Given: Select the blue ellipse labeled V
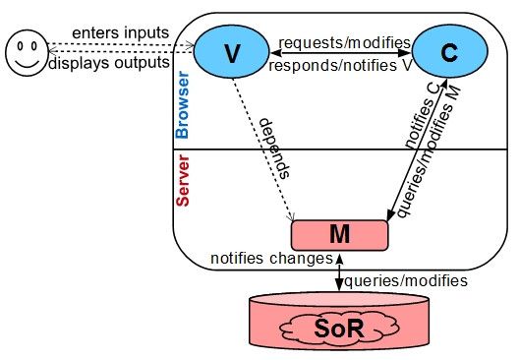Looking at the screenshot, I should (232, 54).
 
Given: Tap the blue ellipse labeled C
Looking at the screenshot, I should (448, 54).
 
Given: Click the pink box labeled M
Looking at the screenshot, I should (337, 234).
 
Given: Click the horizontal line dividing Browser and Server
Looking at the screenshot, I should (295, 150).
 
